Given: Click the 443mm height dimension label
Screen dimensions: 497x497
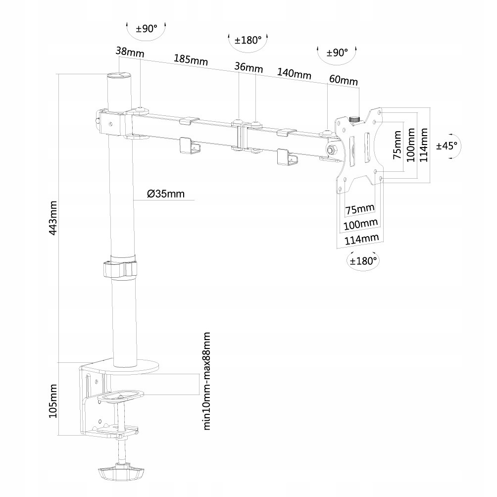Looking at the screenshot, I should point(53,217).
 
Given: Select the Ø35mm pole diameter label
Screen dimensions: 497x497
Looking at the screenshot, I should point(165,194).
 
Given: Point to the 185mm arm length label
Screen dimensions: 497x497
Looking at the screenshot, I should point(191,59).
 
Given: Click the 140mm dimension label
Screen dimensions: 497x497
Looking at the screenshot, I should point(294,73).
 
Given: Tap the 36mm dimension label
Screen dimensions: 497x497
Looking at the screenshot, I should point(248,67).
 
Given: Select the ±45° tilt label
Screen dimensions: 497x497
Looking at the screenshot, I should point(447,146).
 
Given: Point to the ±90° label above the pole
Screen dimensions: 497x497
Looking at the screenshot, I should point(146,28).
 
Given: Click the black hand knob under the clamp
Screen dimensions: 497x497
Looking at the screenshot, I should point(120,478).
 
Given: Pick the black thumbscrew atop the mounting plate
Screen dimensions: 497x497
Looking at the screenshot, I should point(354,119).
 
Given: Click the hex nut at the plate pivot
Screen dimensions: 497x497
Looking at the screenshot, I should point(330,149).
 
